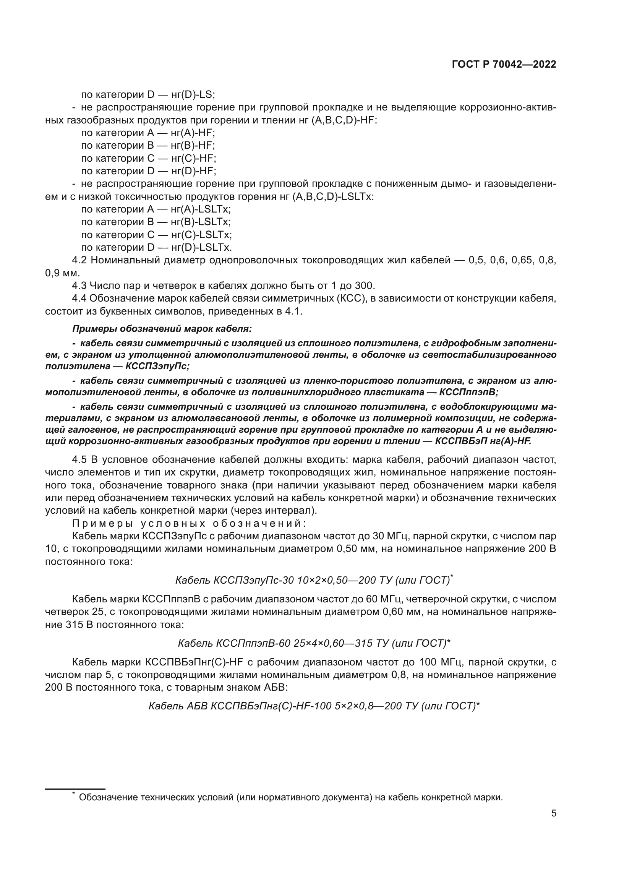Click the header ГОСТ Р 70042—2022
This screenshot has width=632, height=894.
click(504, 65)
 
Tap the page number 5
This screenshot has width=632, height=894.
click(554, 813)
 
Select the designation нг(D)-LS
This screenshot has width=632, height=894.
click(193, 95)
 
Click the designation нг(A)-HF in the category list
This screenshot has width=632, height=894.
click(193, 133)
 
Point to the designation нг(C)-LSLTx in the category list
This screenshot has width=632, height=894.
click(201, 235)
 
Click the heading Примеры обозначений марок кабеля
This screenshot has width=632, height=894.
click(162, 329)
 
